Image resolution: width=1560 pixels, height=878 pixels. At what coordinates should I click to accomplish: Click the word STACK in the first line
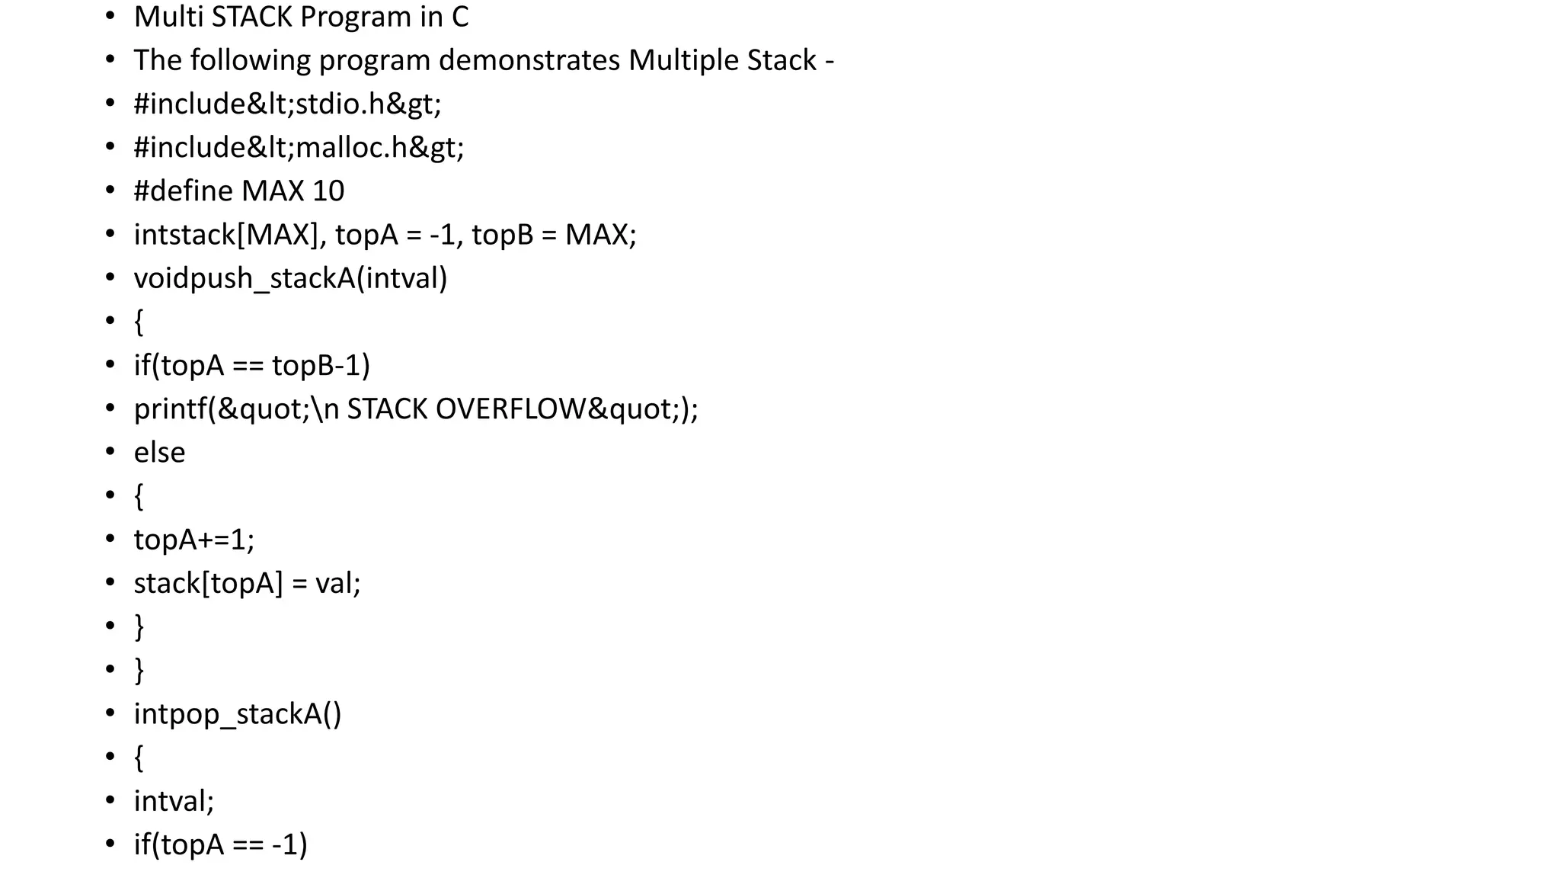(x=250, y=17)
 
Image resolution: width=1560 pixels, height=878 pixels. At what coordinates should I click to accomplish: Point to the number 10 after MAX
(x=328, y=191)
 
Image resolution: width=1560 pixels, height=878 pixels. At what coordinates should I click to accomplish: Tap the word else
(x=159, y=453)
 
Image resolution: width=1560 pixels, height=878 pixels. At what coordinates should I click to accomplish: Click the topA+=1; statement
(x=194, y=540)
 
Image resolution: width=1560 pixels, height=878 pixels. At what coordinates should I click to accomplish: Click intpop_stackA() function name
(x=237, y=714)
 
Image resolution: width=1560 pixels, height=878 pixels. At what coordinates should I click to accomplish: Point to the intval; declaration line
(x=174, y=801)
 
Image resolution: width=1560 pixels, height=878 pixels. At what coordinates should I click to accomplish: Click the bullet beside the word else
(x=110, y=453)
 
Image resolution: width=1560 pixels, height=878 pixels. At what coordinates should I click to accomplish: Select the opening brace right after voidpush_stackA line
(x=139, y=322)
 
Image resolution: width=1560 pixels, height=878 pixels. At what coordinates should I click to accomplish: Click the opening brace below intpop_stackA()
(x=139, y=758)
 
